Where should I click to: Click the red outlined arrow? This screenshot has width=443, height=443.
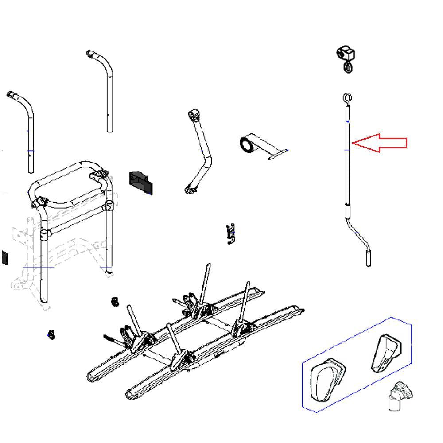point(381,143)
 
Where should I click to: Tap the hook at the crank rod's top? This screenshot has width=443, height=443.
point(347,97)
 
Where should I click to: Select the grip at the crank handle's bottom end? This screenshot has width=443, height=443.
point(368,258)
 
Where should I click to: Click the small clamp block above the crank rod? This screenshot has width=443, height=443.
point(346,54)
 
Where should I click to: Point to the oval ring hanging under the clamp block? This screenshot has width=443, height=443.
point(348,67)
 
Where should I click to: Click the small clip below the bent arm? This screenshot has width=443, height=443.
point(230,234)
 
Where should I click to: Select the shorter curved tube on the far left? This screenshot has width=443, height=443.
point(24,128)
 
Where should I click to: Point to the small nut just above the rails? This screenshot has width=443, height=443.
point(115,302)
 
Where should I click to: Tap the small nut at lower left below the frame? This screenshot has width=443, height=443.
point(51,334)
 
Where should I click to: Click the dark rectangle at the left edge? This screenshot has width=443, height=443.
point(4,257)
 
